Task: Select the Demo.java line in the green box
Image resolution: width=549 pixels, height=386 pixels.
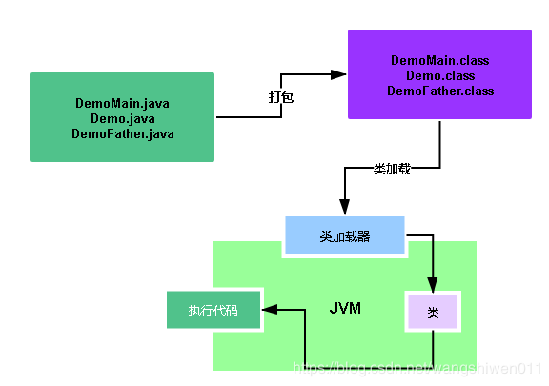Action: click(122, 118)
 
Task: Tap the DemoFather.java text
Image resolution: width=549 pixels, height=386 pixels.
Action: click(122, 134)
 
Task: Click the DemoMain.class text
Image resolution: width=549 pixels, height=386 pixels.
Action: click(439, 60)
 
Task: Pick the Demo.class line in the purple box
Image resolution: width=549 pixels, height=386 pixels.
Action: click(439, 75)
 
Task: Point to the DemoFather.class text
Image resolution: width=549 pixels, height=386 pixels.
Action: click(439, 91)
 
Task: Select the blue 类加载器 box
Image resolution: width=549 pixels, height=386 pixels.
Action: click(344, 236)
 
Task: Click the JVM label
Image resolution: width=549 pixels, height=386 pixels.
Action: click(345, 310)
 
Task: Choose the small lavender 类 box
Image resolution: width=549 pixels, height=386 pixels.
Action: click(433, 312)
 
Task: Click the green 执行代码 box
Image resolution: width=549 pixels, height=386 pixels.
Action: click(213, 310)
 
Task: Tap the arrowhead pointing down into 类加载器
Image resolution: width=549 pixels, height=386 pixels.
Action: click(344, 207)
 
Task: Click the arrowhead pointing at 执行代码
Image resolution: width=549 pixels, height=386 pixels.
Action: click(270, 310)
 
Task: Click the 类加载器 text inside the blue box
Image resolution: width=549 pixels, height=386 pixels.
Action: click(344, 236)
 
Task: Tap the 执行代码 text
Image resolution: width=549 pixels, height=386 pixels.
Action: click(213, 310)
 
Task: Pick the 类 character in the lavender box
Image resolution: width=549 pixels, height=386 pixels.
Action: click(433, 312)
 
